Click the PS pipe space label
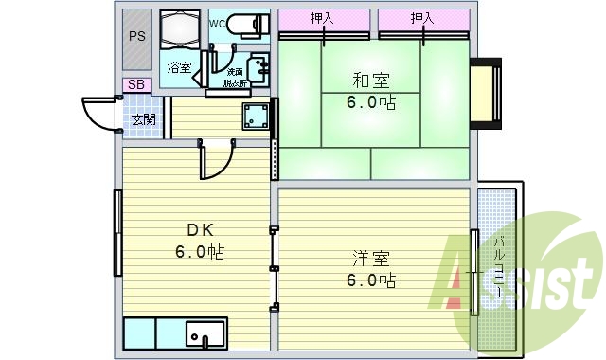coord(137,36)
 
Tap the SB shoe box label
coord(136,85)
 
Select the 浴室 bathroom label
coord(179,67)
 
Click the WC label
coord(217,21)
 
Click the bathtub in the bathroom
coord(179,30)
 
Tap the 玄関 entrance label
coord(144,119)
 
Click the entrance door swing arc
coord(97,115)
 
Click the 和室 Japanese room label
coord(369,81)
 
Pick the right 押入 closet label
coord(423,18)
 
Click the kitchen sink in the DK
coord(205,335)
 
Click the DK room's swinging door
coord(213,161)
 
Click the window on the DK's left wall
coord(117,232)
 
